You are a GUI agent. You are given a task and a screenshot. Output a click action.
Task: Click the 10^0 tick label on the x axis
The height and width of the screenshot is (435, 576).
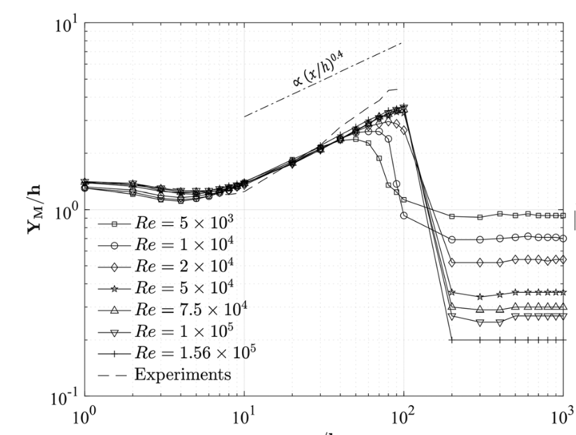[84, 419]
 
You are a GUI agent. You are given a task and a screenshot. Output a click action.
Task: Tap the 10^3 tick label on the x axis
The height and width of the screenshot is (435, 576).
[562, 419]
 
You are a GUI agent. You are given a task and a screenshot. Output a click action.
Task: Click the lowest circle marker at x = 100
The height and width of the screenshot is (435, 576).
[404, 215]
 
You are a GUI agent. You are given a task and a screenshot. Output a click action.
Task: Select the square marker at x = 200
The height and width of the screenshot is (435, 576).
[452, 216]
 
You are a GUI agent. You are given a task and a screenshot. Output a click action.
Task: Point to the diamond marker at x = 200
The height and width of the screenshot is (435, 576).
[452, 262]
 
